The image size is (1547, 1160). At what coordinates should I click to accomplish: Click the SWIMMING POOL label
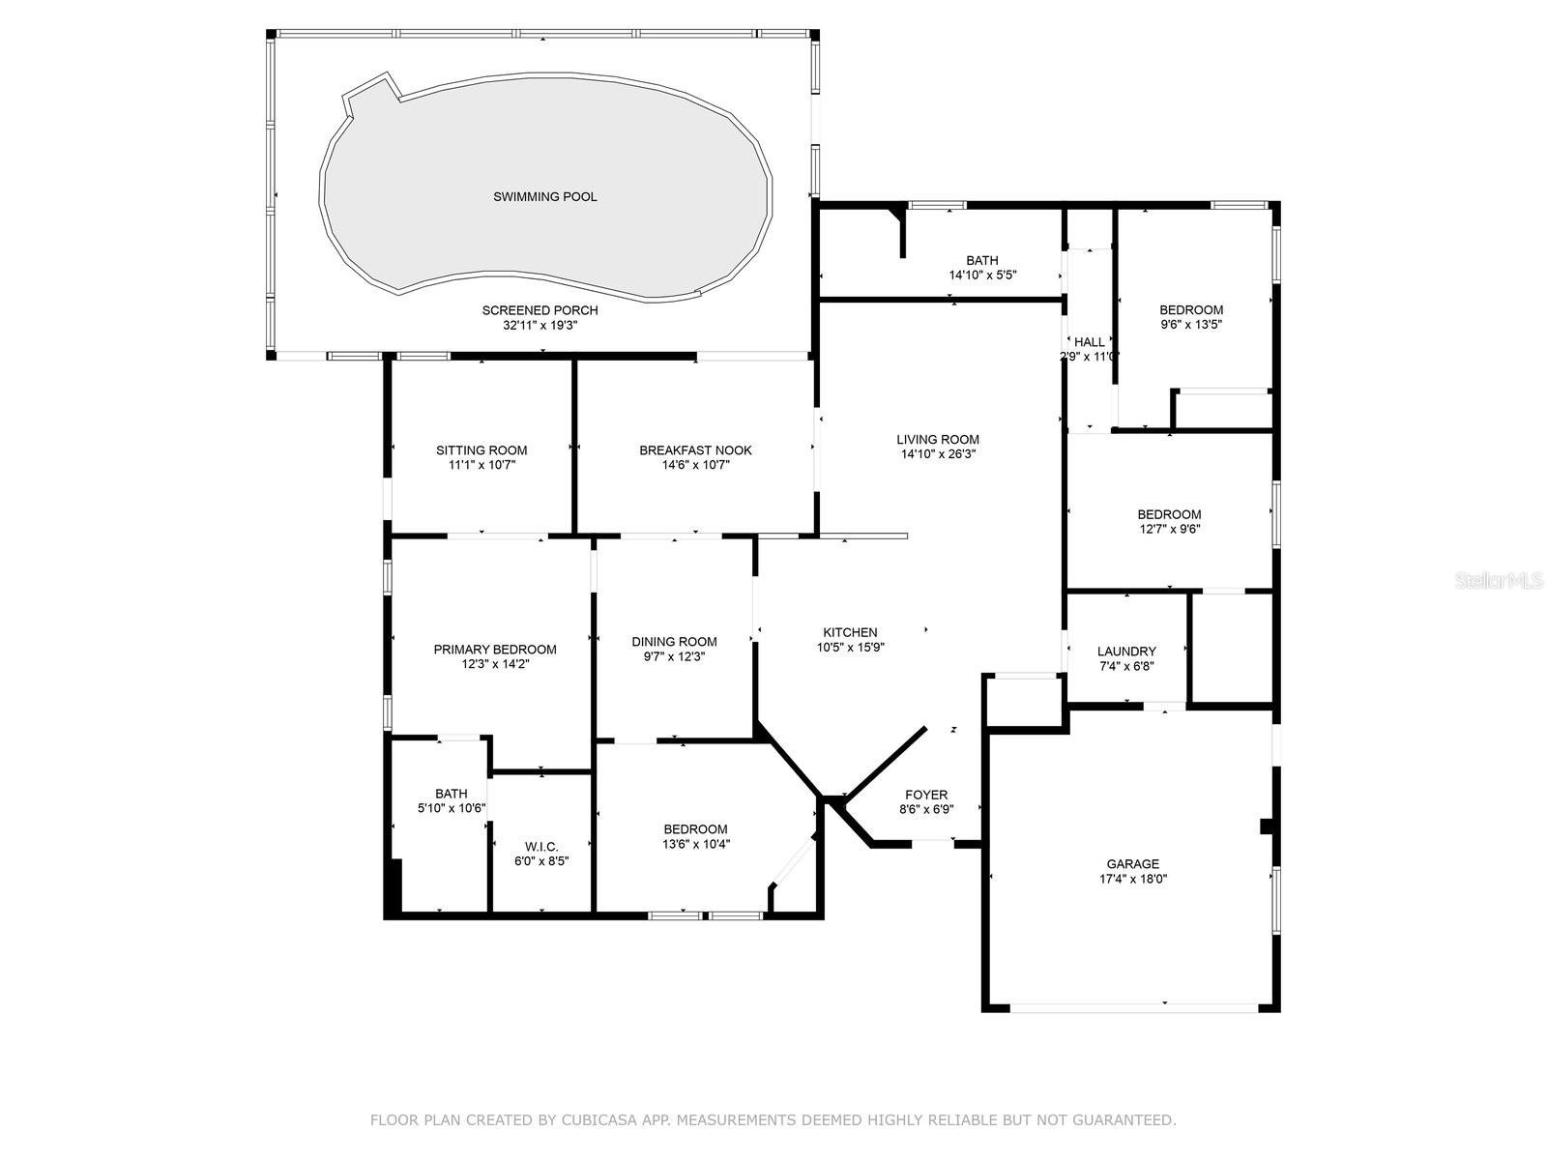544,196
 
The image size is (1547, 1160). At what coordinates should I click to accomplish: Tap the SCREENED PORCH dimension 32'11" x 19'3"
540,326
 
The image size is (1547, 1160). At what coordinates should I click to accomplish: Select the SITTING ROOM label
482,450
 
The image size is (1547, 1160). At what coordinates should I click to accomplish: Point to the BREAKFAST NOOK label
695,450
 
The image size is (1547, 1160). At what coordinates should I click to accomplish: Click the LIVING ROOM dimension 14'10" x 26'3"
938,454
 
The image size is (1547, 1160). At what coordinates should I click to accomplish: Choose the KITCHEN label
850,632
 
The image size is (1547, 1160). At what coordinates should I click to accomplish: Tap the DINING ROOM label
675,642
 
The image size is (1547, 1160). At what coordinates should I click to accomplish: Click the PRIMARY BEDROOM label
495,650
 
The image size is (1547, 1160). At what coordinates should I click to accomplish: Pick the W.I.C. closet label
541,847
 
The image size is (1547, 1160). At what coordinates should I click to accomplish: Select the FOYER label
926,795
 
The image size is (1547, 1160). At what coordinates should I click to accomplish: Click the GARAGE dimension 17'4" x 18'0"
1133,879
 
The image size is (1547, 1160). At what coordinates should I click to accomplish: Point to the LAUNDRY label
1126,652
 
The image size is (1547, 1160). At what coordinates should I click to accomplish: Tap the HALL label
1090,342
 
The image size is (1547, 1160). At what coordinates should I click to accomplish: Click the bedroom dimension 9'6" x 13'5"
1191,325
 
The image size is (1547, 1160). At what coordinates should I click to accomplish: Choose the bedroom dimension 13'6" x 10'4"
695,845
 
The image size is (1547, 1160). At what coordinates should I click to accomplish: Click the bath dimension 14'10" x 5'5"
982,275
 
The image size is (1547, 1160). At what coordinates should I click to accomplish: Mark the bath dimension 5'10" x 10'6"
452,808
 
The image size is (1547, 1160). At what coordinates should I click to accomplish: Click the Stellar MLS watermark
1499,580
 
